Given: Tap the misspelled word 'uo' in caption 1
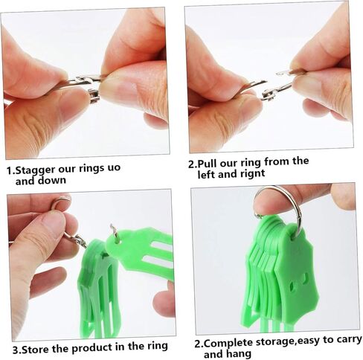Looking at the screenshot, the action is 114,167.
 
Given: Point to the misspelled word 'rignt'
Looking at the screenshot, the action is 252,173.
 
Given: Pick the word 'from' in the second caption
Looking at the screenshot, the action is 276,161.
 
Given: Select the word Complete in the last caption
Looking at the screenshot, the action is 228,343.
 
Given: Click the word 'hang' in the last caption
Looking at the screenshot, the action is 239,354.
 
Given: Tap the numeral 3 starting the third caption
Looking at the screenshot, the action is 15,350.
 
